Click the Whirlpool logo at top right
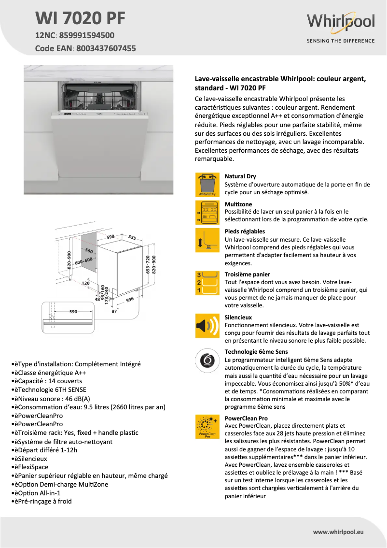coord(341,23)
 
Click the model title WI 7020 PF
coord(80,18)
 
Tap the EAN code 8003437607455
coord(106,48)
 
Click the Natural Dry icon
coord(207,185)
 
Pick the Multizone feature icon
coord(207,213)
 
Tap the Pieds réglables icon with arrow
coord(207,240)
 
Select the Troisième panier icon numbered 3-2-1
coord(207,283)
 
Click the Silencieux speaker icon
coord(207,326)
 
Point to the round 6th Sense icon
coord(207,361)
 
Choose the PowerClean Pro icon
coord(207,427)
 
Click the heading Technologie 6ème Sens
coord(256,352)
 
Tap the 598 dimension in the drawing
coord(111,237)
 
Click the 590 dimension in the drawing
coord(73,312)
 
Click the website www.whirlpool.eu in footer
coord(338,532)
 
